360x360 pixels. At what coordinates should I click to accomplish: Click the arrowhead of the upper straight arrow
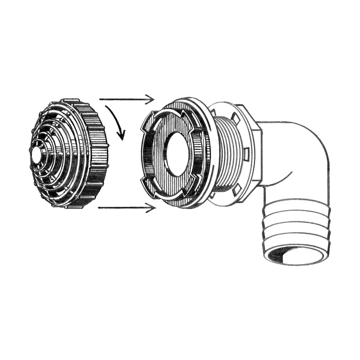pyautogui.click(x=150, y=99)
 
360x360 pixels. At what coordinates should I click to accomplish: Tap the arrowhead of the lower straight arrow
pyautogui.click(x=151, y=207)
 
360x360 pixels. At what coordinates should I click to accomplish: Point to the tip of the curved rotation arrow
pyautogui.click(x=122, y=138)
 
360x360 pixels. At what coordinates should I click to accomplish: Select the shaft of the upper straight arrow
pyautogui.click(x=123, y=99)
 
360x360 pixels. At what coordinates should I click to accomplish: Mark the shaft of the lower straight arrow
pyautogui.click(x=123, y=207)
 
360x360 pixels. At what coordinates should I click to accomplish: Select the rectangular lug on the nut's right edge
pyautogui.click(x=246, y=154)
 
